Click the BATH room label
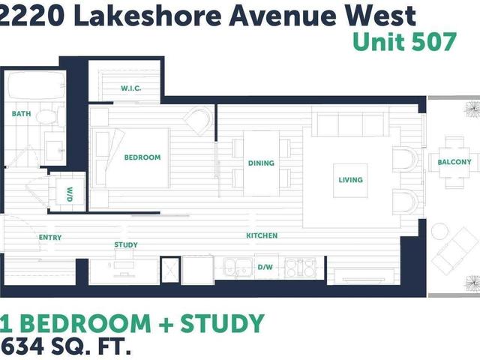pos(21,113)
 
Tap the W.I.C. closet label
pos(132,88)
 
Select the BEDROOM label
pos(142,157)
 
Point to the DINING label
pos(261,163)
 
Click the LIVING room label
pos(350,180)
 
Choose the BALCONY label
pos(454,162)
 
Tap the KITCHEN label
pos(262,235)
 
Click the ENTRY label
pos(50,238)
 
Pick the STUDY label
pos(125,245)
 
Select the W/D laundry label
pos(69,190)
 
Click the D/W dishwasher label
pos(265,266)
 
